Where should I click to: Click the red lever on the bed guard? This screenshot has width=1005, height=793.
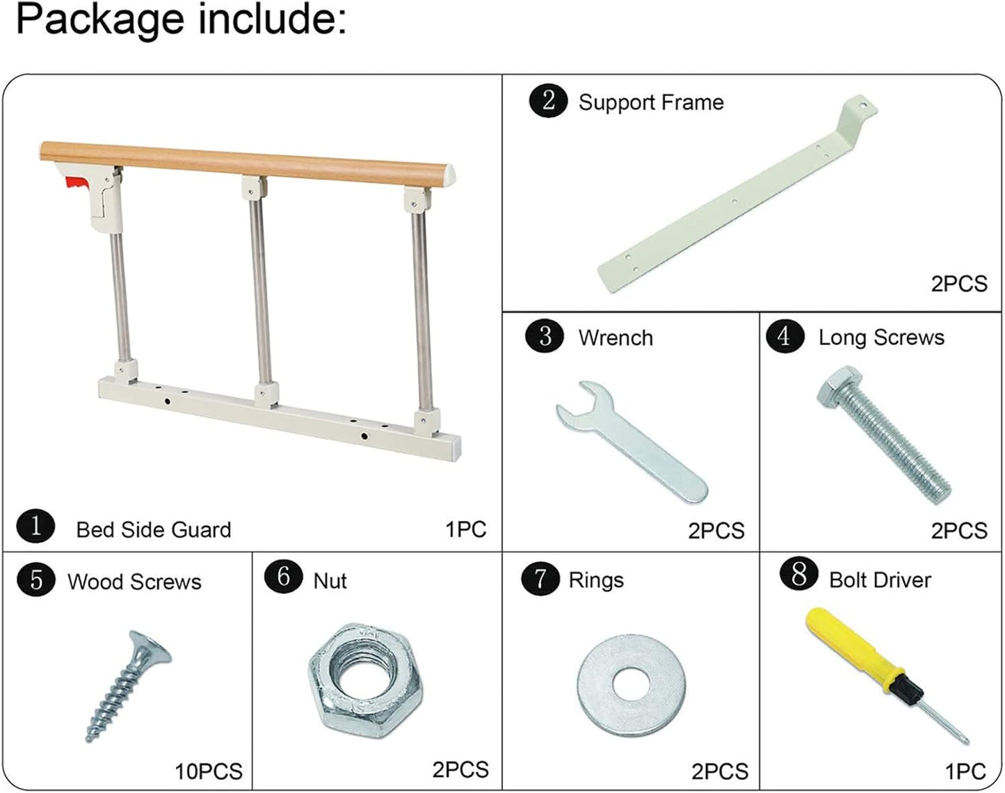76,184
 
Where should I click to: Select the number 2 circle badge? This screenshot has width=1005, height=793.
548,101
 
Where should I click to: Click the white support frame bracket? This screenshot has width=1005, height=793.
730,202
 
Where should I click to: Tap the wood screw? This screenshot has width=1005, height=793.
129,685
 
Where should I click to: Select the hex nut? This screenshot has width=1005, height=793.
365,678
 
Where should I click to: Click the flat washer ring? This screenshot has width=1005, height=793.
631,684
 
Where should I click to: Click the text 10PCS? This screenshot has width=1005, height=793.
208,771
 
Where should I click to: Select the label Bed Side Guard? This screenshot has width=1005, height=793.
153,529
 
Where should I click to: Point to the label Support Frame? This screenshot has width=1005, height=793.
651,102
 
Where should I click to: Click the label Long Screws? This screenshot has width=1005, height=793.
881,337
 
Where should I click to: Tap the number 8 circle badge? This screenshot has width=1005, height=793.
798,577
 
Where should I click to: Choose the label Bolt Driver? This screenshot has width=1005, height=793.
880,579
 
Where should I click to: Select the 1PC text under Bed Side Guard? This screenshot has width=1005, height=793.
465,529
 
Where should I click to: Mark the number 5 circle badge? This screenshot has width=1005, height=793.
36,579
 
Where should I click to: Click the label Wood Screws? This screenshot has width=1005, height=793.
134,582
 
